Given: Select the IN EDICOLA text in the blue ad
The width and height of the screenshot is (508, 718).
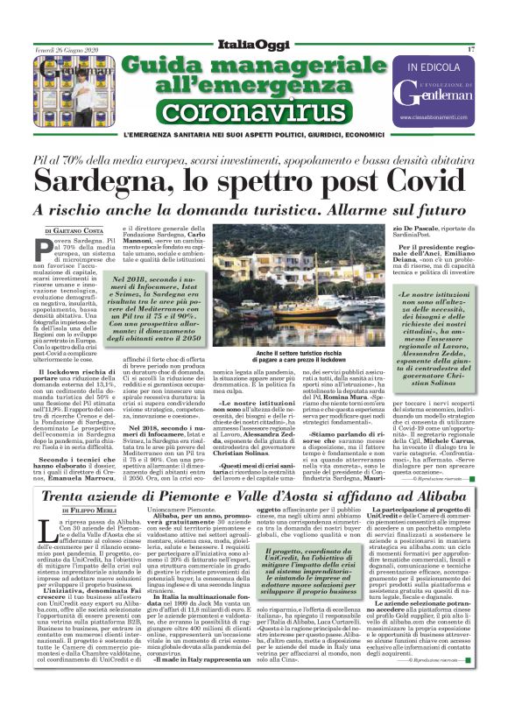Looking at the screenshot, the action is tap(433, 67).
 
